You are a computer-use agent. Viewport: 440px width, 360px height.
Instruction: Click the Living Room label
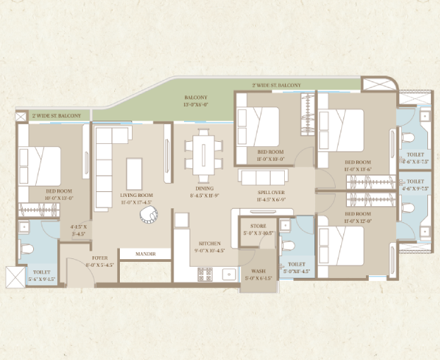(136, 195)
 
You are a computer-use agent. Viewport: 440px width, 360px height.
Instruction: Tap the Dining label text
(204, 188)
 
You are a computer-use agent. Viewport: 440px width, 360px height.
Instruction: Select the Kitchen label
(209, 243)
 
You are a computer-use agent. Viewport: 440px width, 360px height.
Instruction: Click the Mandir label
(147, 253)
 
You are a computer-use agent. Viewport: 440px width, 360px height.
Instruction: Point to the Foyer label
(99, 258)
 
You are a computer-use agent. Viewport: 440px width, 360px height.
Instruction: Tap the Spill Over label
(271, 192)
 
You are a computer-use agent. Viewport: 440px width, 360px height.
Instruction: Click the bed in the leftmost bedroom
(40, 164)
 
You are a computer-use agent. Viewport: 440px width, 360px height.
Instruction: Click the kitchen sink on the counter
(228, 272)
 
